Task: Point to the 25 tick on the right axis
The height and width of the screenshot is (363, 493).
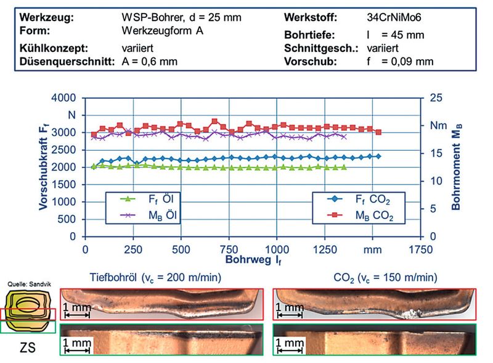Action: [436, 98]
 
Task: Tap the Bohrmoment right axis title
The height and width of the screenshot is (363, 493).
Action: [457, 167]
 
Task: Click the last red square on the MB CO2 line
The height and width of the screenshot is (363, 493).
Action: [378, 132]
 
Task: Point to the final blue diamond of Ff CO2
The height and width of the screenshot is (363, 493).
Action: [378, 156]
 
